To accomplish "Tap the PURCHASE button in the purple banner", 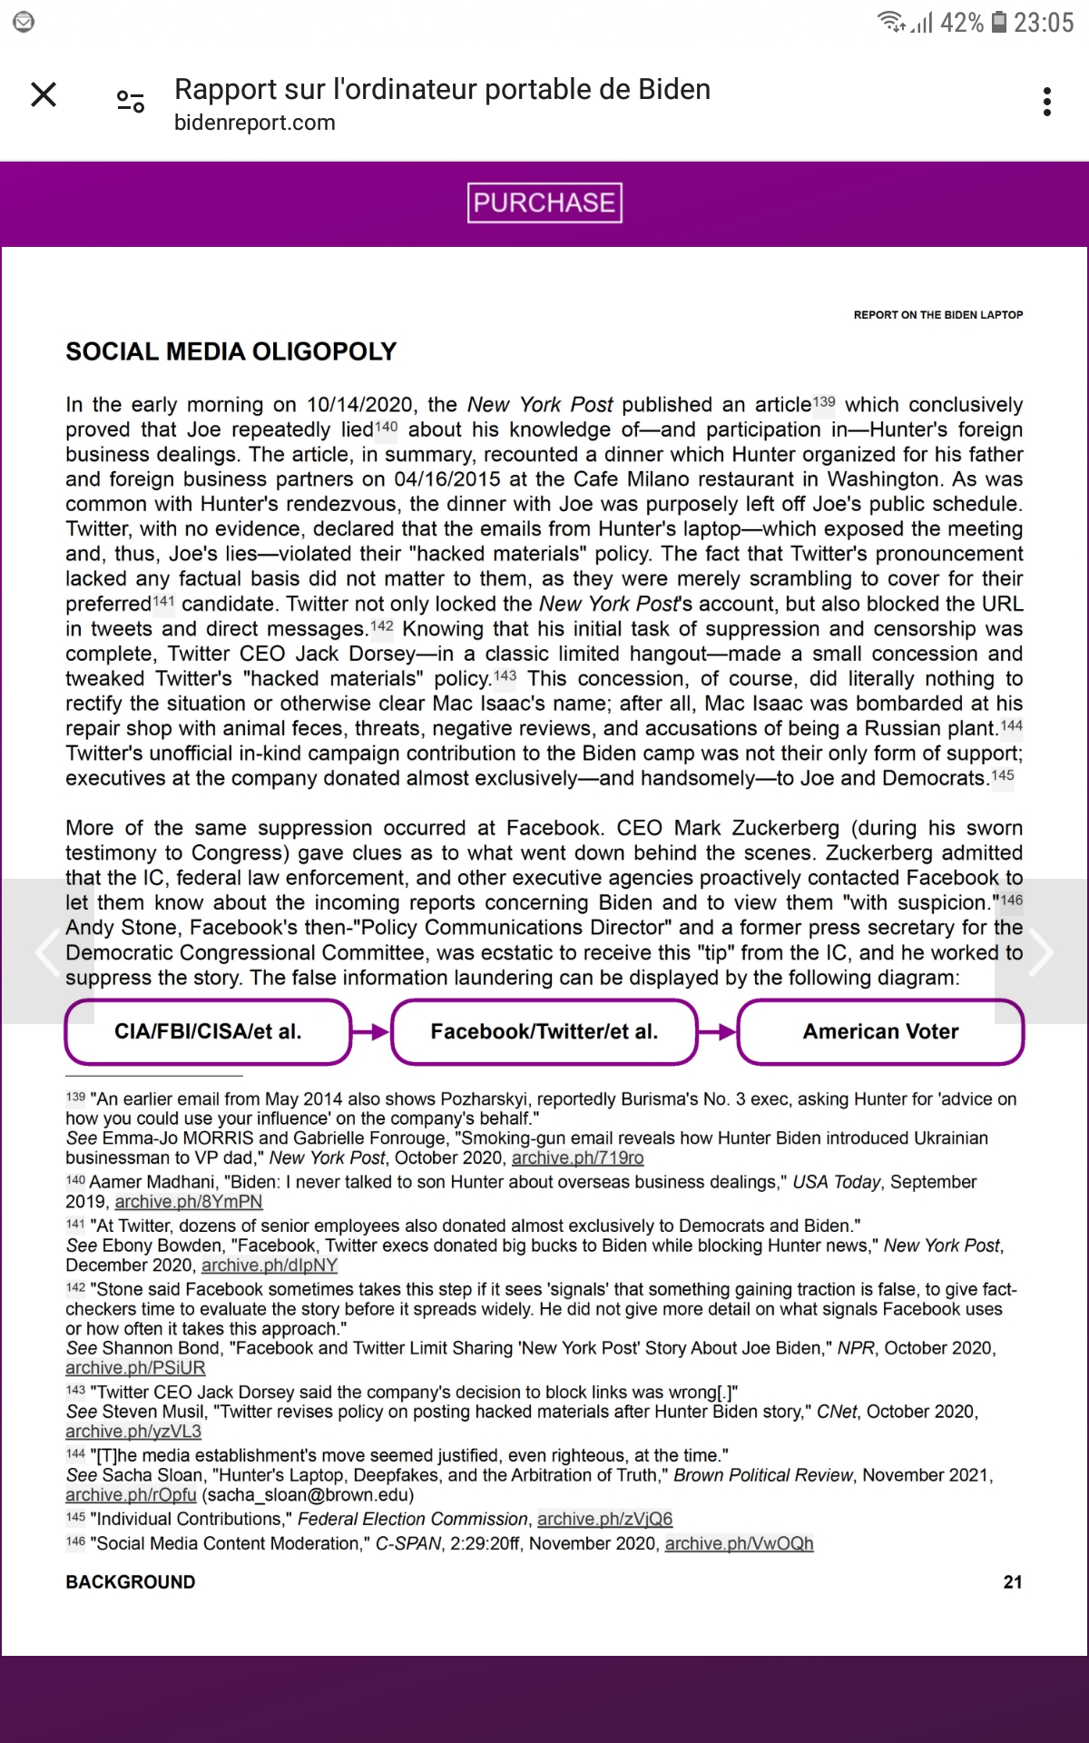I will pyautogui.click(x=544, y=202).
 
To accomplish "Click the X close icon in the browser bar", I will pyautogui.click(x=44, y=94).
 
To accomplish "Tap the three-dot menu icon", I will pyautogui.click(x=1047, y=102).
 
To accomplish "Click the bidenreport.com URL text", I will pyautogui.click(x=255, y=123).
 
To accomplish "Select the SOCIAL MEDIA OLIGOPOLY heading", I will pyautogui.click(x=231, y=351).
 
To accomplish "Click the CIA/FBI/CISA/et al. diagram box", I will pyautogui.click(x=208, y=1031).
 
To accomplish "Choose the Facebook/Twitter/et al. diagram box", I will pyautogui.click(x=544, y=1031).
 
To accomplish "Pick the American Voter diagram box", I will pyautogui.click(x=880, y=1031).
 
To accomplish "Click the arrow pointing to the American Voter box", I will pyautogui.click(x=718, y=1031).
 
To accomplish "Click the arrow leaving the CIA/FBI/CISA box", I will pyautogui.click(x=371, y=1031).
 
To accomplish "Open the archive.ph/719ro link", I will pyautogui.click(x=578, y=1157).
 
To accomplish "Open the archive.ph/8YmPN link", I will pyautogui.click(x=189, y=1202).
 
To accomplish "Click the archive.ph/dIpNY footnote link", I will pyautogui.click(x=270, y=1265).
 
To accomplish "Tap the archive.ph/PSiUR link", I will pyautogui.click(x=135, y=1368).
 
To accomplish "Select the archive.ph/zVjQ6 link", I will pyautogui.click(x=605, y=1519).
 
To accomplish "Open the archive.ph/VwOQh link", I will pyautogui.click(x=739, y=1543).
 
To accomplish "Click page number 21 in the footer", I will pyautogui.click(x=1013, y=1582).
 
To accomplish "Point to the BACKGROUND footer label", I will pyautogui.click(x=131, y=1582).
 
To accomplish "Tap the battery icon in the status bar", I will pyautogui.click(x=998, y=22).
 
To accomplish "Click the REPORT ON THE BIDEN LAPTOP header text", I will pyautogui.click(x=938, y=315).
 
